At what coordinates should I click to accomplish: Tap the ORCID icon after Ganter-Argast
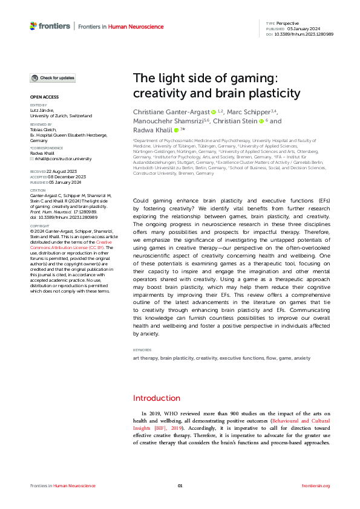213,112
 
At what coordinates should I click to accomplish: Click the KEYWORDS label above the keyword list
143,350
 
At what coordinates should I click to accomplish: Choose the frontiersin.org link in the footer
315,486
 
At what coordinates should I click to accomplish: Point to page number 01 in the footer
180,486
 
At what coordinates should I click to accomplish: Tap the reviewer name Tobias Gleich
44,130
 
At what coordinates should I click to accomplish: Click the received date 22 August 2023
59,172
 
